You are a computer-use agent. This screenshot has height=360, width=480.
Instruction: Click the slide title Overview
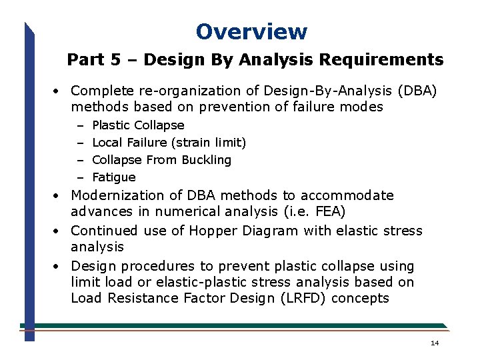[251, 31]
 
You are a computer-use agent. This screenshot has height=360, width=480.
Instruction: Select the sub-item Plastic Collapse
[138, 125]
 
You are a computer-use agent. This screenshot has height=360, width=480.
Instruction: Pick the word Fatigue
[113, 177]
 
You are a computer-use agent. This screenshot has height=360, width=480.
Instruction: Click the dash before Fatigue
[79, 177]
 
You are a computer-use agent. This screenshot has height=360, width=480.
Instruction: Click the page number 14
[435, 343]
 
